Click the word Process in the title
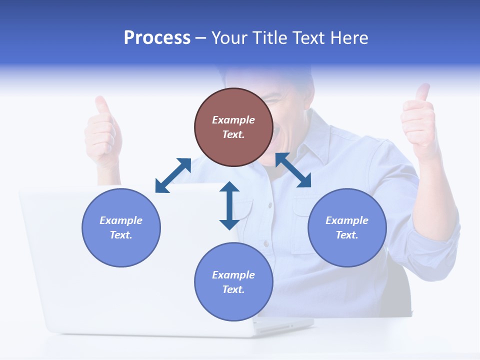click(x=157, y=38)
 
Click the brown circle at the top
click(x=233, y=127)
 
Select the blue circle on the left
click(x=121, y=227)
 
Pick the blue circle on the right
click(x=347, y=227)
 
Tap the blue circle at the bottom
click(x=233, y=281)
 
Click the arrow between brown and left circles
click(x=173, y=175)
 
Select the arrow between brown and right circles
click(x=293, y=170)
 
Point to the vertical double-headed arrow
click(x=229, y=205)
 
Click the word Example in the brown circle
click(x=233, y=120)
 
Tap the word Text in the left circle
click(x=121, y=235)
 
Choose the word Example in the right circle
click(x=347, y=220)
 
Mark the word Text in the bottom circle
click(x=233, y=289)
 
